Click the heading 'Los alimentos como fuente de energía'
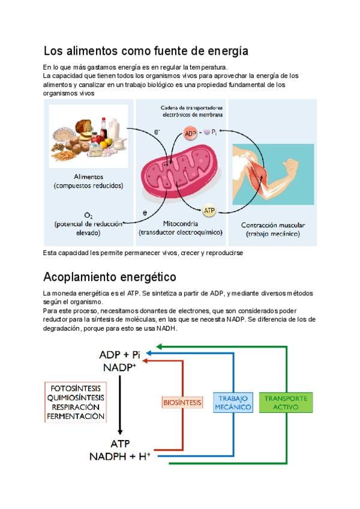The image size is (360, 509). (x=146, y=50)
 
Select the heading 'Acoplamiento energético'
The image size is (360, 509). (x=110, y=277)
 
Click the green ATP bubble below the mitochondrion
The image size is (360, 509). (x=209, y=211)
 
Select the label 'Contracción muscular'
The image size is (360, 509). (x=272, y=225)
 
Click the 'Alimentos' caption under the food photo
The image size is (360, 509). (x=88, y=177)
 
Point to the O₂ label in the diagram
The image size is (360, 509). (x=88, y=215)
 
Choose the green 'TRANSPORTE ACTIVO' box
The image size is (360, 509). (x=286, y=402)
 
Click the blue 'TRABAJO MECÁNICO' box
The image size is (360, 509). (x=233, y=402)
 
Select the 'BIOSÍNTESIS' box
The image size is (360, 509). (x=182, y=402)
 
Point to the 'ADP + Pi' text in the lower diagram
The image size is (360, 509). (x=120, y=354)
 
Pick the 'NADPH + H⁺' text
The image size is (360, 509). (x=120, y=456)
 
